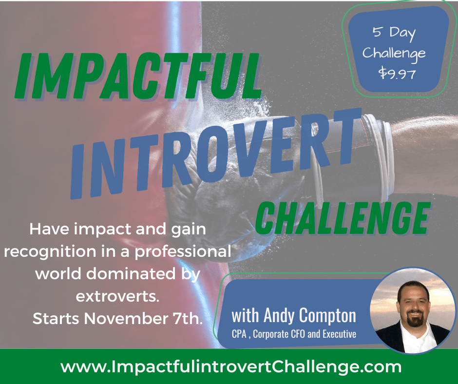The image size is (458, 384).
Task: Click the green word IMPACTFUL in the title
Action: pos(138,76)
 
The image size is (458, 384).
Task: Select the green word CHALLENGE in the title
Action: pos(343,218)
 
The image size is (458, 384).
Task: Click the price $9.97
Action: pos(397,73)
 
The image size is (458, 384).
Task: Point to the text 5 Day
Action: pos(394,33)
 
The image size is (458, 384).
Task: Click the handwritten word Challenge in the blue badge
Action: pos(394,54)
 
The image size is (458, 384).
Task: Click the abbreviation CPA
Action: pos(239,334)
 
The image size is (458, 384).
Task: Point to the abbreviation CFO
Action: pos(299,334)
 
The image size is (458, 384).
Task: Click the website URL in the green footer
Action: pos(231,367)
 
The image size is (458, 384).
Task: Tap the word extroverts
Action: pos(117,296)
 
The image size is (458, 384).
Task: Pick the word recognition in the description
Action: pos(50,252)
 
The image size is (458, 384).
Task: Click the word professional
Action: pos(183,252)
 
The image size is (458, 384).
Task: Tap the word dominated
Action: pos(131,273)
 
